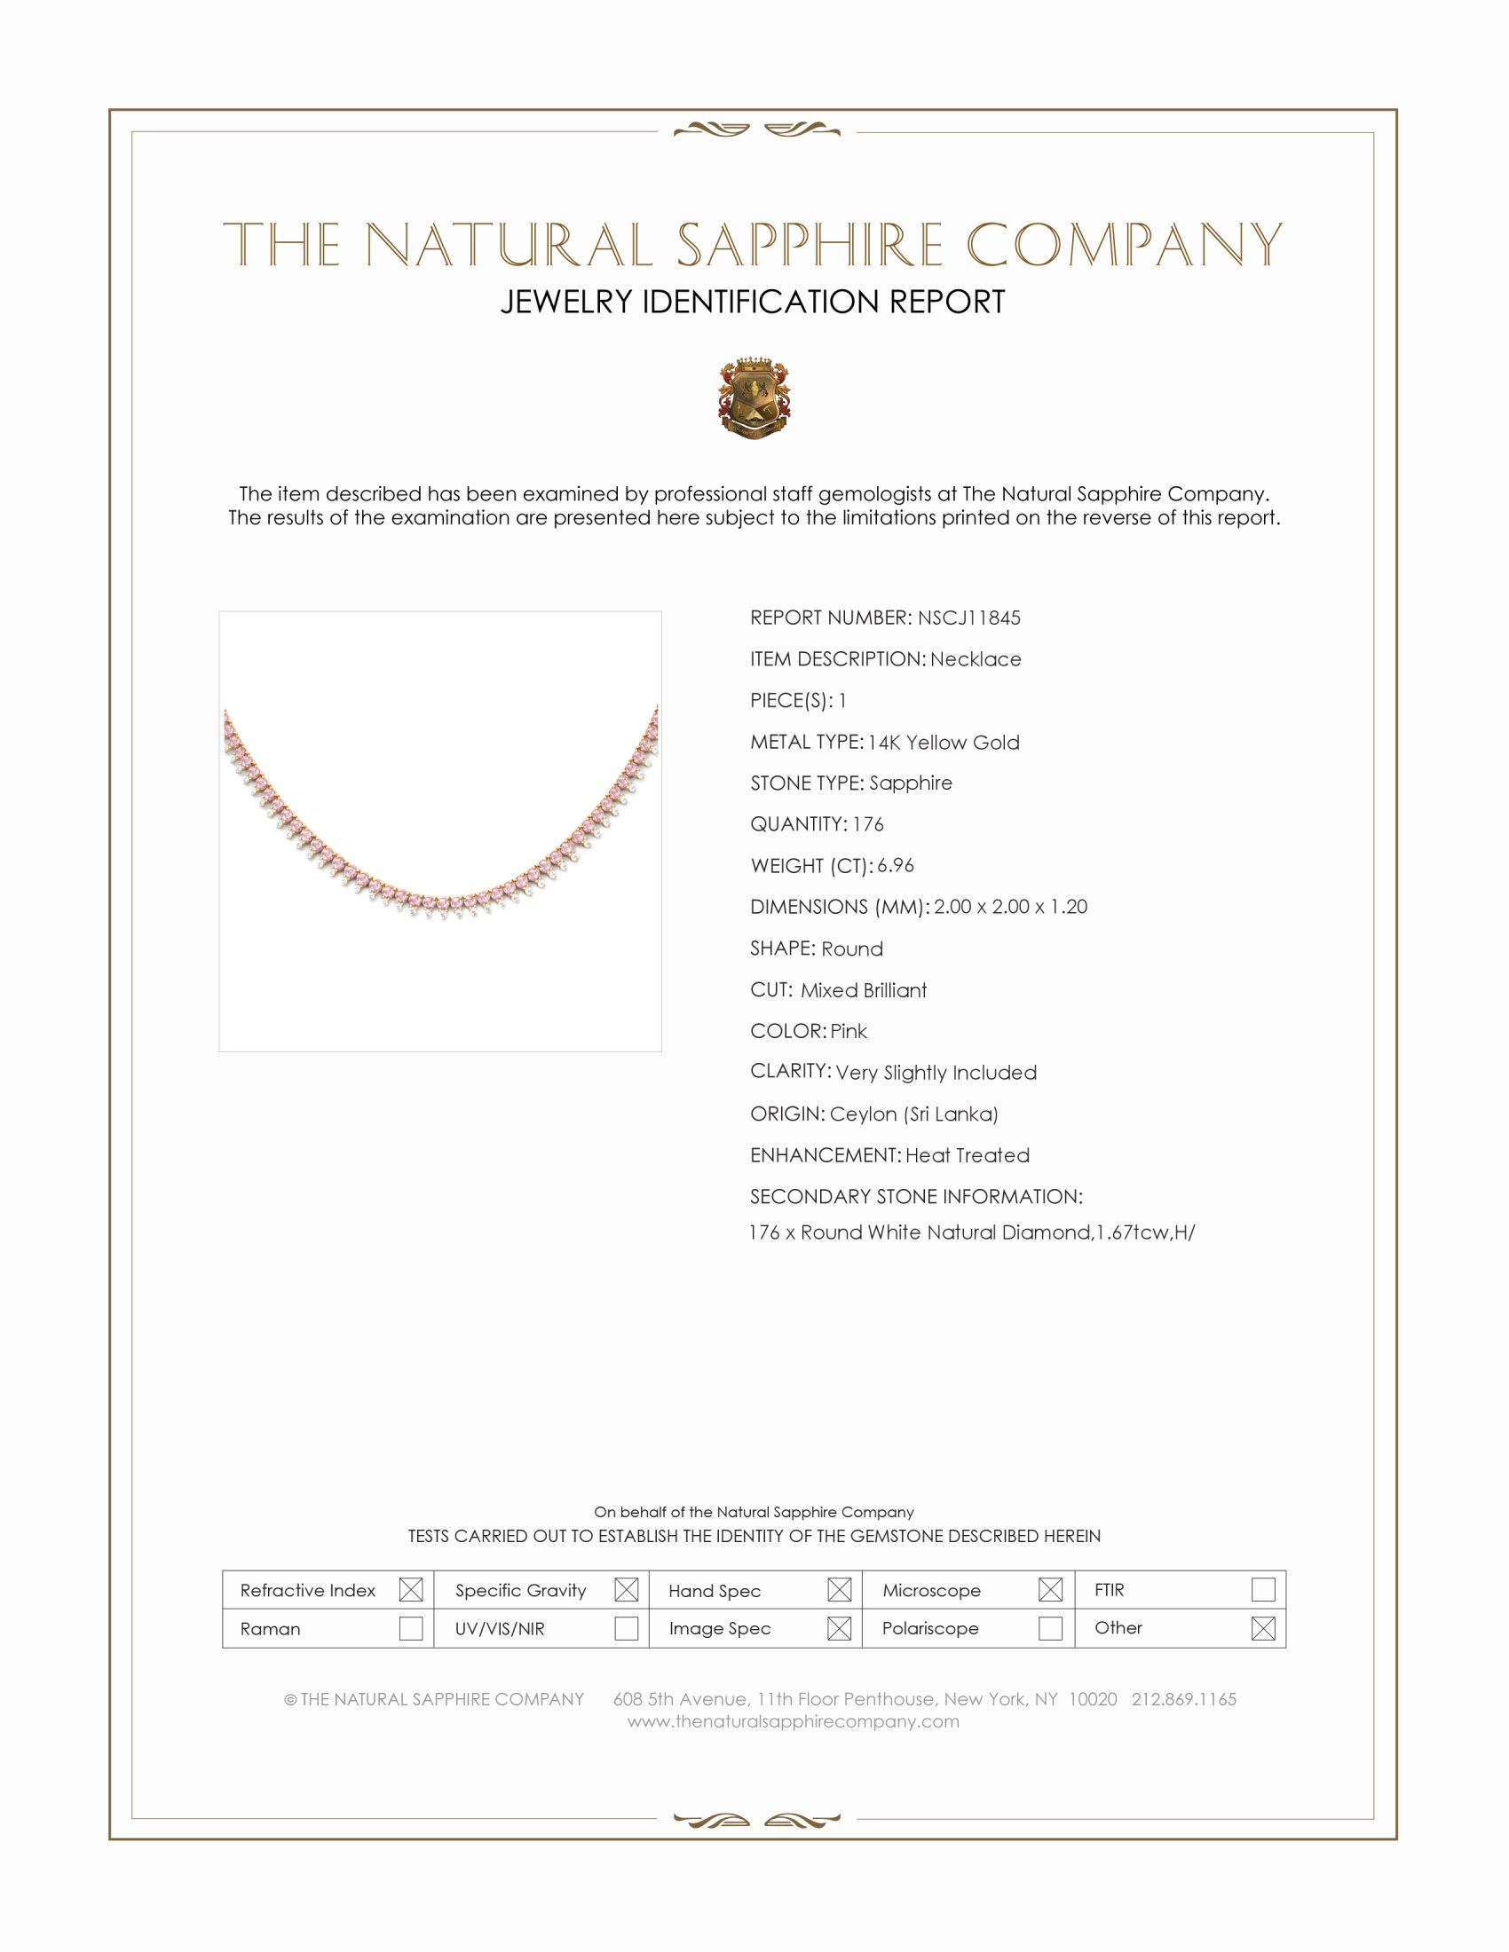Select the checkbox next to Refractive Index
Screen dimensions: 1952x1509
pyautogui.click(x=410, y=1590)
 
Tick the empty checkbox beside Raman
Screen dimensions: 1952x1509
pyautogui.click(x=410, y=1628)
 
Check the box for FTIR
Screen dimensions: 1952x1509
pyautogui.click(x=1262, y=1589)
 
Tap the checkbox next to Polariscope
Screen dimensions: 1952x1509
pyautogui.click(x=1050, y=1628)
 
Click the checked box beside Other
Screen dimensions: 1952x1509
pyautogui.click(x=1262, y=1628)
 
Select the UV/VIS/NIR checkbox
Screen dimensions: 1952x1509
pyautogui.click(x=626, y=1628)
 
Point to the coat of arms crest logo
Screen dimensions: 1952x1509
pyautogui.click(x=754, y=397)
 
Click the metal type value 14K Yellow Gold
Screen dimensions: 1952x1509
pyautogui.click(x=943, y=743)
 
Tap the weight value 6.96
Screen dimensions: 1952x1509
pyautogui.click(x=895, y=865)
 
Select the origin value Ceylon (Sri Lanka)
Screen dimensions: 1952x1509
pyautogui.click(x=913, y=1114)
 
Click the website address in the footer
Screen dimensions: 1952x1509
pyautogui.click(x=793, y=1722)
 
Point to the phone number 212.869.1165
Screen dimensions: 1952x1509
pyautogui.click(x=1183, y=1699)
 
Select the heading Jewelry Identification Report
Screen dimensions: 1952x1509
pyautogui.click(x=753, y=302)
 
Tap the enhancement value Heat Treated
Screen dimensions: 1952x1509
pyautogui.click(x=968, y=1155)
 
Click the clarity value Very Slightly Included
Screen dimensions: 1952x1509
pyautogui.click(x=936, y=1073)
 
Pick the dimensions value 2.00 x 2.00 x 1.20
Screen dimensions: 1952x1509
pyautogui.click(x=1010, y=906)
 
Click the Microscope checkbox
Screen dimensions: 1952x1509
pyautogui.click(x=1050, y=1590)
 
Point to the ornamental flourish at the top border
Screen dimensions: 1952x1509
pyautogui.click(x=756, y=130)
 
